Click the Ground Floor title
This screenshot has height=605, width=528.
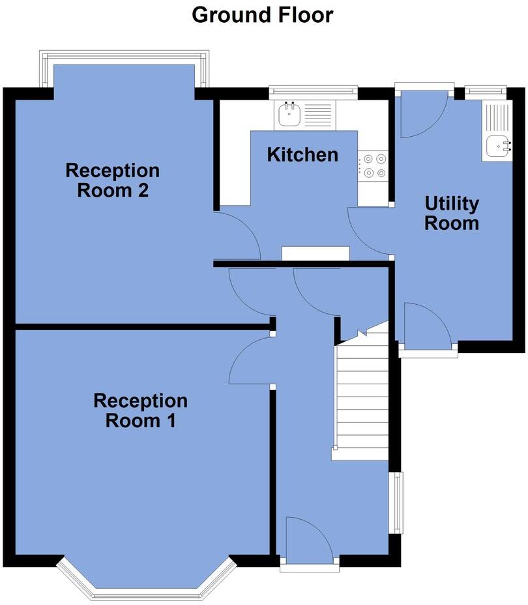(x=262, y=14)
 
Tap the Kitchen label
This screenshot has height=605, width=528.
(x=303, y=155)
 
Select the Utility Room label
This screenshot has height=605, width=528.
(x=452, y=214)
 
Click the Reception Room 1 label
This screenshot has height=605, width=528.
(x=140, y=410)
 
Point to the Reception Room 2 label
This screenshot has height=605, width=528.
(x=113, y=181)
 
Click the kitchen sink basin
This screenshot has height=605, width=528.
(x=288, y=115)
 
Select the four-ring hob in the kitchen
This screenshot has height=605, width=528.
(x=373, y=165)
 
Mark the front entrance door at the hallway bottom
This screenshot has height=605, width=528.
(x=310, y=541)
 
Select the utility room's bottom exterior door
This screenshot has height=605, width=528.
(x=427, y=326)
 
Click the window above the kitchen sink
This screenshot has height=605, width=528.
(x=314, y=91)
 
